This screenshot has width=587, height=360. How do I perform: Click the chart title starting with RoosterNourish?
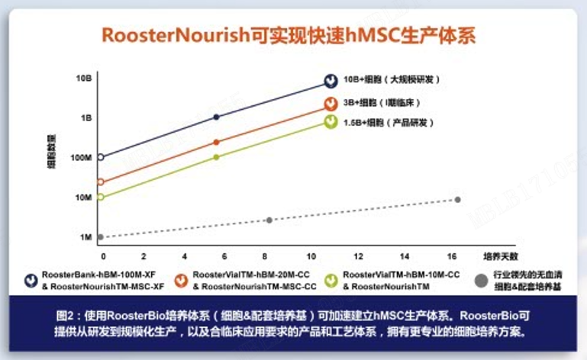click(x=293, y=36)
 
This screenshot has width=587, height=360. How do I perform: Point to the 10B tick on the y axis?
click(x=84, y=78)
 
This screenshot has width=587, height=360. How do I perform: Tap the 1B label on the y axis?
click(x=85, y=118)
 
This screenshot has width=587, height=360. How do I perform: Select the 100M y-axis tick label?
click(x=82, y=158)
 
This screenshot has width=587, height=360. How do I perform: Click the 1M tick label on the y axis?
click(x=85, y=237)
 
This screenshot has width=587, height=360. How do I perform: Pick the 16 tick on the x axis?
click(x=452, y=256)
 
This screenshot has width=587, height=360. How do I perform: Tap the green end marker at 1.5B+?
click(x=331, y=122)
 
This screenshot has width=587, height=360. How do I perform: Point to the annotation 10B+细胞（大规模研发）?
click(x=392, y=79)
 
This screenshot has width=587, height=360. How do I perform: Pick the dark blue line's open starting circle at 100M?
click(x=100, y=158)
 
